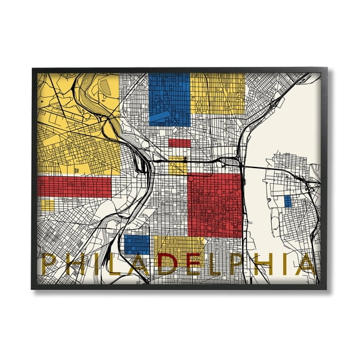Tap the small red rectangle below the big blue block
pos(179,142)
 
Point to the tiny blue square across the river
pos(287,201)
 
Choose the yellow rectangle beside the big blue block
pos(217,93)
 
